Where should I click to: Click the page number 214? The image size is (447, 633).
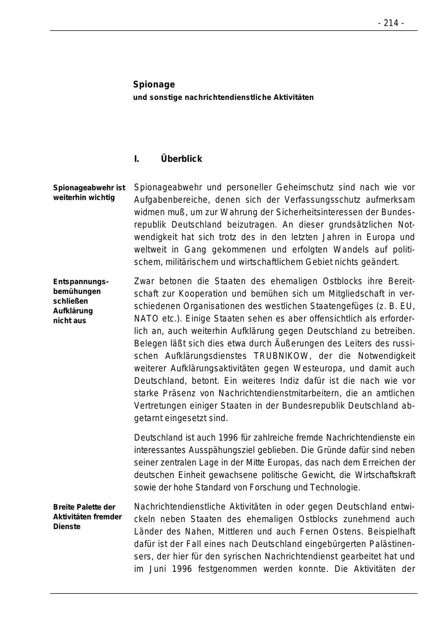click(391, 23)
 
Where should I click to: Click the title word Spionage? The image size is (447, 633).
click(154, 85)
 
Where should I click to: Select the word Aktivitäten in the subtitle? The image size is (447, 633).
click(294, 97)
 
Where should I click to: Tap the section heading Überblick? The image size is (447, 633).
click(181, 159)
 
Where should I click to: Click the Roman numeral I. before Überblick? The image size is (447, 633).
click(137, 159)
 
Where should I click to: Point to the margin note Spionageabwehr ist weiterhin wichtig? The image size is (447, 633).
click(89, 192)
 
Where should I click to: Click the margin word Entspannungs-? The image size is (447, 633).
click(81, 281)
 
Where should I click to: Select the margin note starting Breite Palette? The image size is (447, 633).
click(87, 517)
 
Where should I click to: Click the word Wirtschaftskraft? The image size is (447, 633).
click(384, 475)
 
